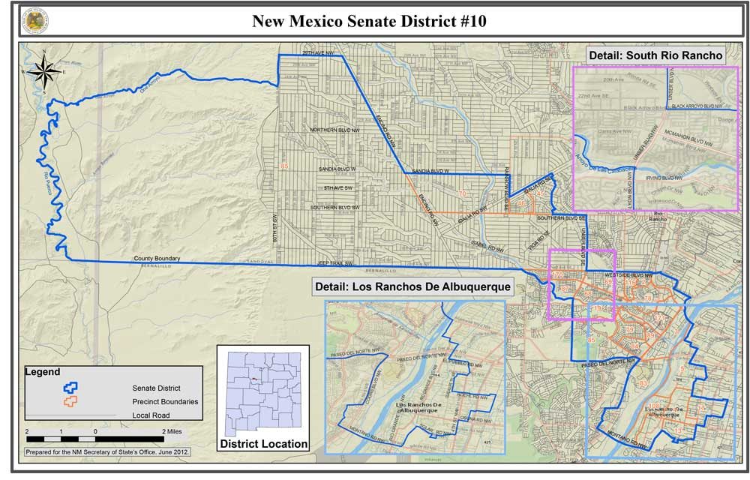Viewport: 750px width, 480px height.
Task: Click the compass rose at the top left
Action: (44, 70)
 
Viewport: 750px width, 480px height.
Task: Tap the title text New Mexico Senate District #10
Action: (369, 21)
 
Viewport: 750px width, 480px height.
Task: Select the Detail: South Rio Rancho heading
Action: (655, 55)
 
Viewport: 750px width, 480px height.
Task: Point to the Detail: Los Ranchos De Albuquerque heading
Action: (413, 286)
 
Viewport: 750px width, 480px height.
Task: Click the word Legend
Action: (43, 372)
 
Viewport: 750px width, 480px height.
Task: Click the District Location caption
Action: (263, 444)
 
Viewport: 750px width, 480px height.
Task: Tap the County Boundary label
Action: (157, 259)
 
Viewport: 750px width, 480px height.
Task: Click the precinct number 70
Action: (462, 193)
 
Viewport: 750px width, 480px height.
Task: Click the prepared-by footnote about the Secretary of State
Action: (107, 452)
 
